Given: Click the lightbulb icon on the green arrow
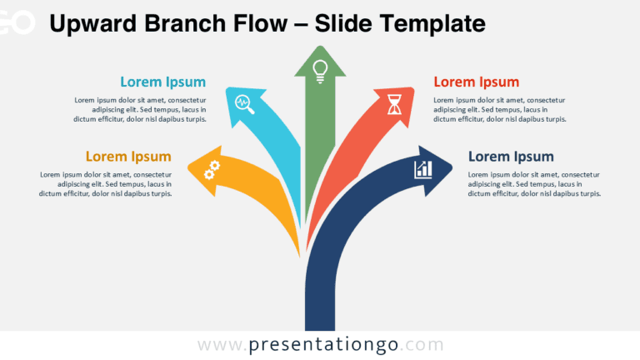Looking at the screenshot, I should [x=319, y=69].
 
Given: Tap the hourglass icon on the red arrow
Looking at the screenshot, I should [x=394, y=104].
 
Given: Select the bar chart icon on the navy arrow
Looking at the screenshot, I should [x=423, y=169].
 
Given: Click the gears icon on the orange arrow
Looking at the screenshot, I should [x=212, y=170].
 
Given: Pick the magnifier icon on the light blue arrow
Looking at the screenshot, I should [x=244, y=103].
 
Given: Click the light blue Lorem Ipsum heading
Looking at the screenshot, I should [x=162, y=82].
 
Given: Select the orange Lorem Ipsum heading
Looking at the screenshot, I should [x=128, y=156].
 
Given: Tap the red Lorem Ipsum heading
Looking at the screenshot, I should [x=477, y=82].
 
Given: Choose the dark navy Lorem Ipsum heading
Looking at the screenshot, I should [x=511, y=156].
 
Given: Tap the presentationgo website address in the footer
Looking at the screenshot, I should [x=320, y=344].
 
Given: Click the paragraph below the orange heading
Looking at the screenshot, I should [x=105, y=183].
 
